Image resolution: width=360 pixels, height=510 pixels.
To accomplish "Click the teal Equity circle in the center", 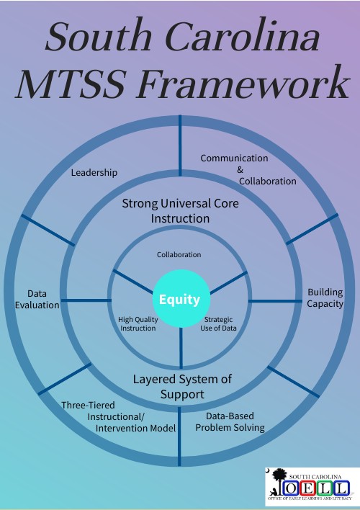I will pyautogui.click(x=180, y=299).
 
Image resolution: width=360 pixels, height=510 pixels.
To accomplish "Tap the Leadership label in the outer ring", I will pyautogui.click(x=94, y=173).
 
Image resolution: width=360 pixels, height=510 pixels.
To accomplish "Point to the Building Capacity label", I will pyautogui.click(x=325, y=297).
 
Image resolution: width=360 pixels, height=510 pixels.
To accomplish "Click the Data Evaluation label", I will pyautogui.click(x=37, y=299).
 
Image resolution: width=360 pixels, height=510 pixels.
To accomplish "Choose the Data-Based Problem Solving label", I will pyautogui.click(x=230, y=421).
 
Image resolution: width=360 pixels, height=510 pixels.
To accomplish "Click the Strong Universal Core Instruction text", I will pyautogui.click(x=180, y=210).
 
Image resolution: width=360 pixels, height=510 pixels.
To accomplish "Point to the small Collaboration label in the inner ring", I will pyautogui.click(x=179, y=255).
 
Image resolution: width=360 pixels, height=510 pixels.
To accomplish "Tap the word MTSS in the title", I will pyautogui.click(x=72, y=85).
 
